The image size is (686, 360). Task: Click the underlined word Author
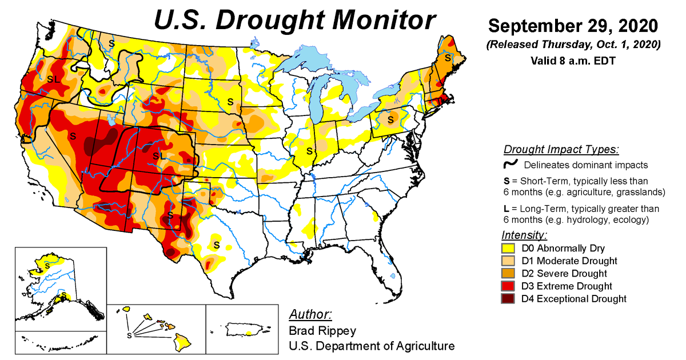click(x=310, y=315)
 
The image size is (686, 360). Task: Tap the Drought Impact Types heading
click(x=561, y=150)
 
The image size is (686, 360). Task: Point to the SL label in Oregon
click(x=53, y=79)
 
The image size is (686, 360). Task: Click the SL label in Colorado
click(x=158, y=155)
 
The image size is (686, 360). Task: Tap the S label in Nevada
click(x=73, y=137)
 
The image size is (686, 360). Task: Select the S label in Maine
click(x=448, y=57)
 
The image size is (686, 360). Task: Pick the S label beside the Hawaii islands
click(x=129, y=335)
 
